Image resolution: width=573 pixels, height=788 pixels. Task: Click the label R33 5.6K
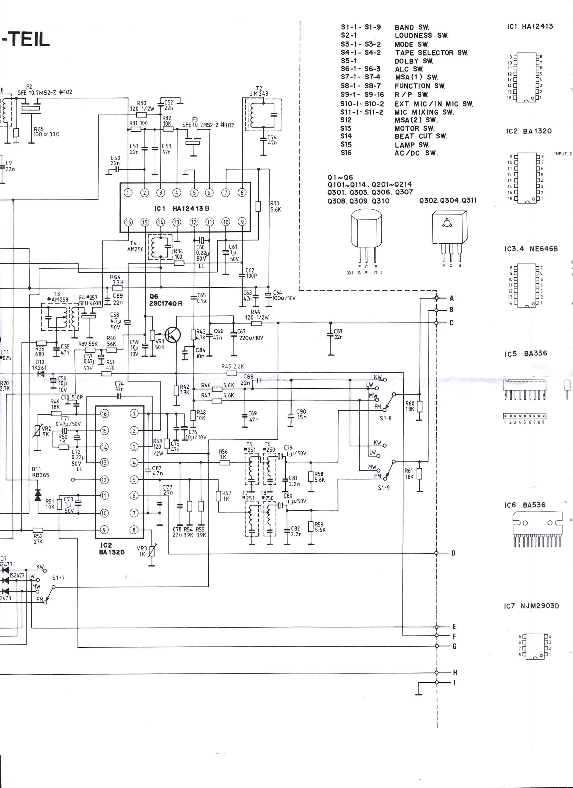point(275,206)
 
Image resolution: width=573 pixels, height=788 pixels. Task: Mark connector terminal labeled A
point(437,298)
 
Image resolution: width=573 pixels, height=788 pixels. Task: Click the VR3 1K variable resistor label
point(142,551)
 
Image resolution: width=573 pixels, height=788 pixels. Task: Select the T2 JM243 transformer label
point(259,91)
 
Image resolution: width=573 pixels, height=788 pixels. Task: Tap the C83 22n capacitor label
point(338,334)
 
